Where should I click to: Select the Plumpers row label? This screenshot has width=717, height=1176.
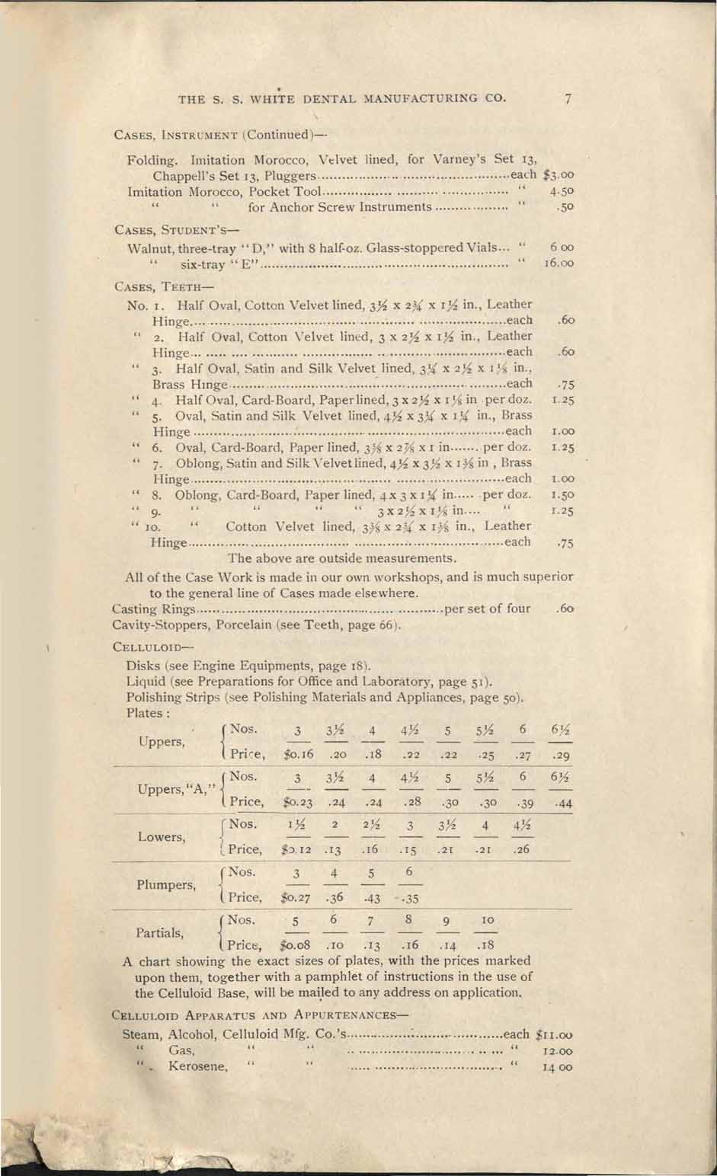(x=165, y=885)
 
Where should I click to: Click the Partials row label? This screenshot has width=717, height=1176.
(x=159, y=932)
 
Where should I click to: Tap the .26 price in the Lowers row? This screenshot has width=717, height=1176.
(x=523, y=849)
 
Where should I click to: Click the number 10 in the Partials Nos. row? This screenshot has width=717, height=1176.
(x=480, y=921)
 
